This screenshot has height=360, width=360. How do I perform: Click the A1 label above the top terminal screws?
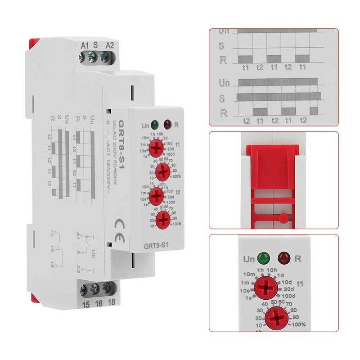pos(83,45)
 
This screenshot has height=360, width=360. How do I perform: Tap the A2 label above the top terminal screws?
pos(108,45)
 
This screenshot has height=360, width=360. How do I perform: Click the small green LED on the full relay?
pos(154,123)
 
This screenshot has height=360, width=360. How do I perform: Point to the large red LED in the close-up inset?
pos(284,258)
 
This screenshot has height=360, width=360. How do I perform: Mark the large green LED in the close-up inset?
pos(261,259)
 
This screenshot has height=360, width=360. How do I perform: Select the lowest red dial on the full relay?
pos(162,219)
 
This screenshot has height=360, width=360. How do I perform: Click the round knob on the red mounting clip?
pos(283,218)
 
